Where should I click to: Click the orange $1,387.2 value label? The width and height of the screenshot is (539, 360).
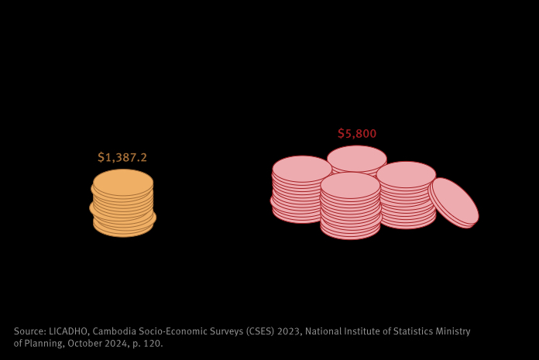pyautogui.click(x=122, y=157)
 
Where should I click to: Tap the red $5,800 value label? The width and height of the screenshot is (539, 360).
pyautogui.click(x=357, y=133)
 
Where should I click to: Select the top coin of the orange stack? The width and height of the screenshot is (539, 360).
pyautogui.click(x=123, y=182)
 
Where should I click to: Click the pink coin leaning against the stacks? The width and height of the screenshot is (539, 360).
pyautogui.click(x=455, y=201)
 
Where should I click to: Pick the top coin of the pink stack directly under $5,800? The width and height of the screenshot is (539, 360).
pyautogui.click(x=357, y=157)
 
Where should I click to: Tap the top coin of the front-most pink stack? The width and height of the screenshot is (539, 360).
pyautogui.click(x=350, y=184)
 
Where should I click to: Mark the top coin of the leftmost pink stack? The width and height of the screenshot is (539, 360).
pyautogui.click(x=302, y=168)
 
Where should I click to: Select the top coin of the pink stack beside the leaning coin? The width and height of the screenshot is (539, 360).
pyautogui.click(x=406, y=173)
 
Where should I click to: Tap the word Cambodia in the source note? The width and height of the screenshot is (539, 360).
pyautogui.click(x=116, y=331)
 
